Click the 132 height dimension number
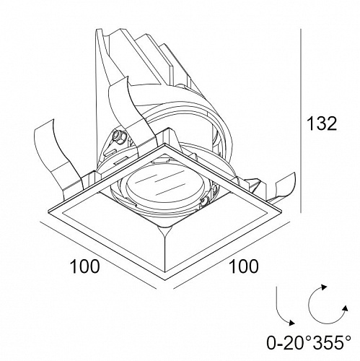322,123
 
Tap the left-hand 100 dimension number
84,266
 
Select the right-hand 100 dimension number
244,266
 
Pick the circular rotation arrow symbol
327,305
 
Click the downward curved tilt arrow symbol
284,305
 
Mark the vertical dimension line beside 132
301,121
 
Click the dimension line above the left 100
98,256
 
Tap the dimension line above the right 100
230,256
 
